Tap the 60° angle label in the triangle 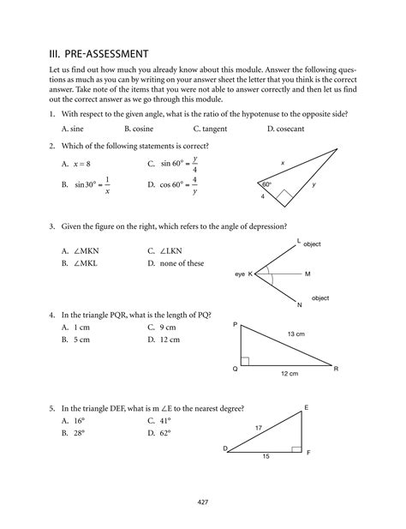tap(267, 184)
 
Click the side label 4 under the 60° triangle tap(264, 197)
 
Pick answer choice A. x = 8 tap(76, 162)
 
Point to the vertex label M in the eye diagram tap(307, 274)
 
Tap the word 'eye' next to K tap(240, 274)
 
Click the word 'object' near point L tap(312, 244)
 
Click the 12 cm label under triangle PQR tap(289, 375)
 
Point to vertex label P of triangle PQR tap(235, 326)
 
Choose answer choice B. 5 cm tap(75, 340)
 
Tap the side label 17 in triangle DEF tap(258, 427)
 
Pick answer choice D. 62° tap(163, 434)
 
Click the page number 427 tap(203, 502)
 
